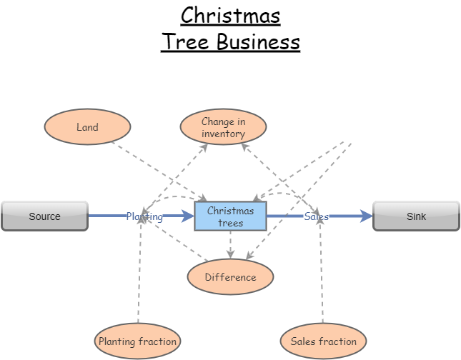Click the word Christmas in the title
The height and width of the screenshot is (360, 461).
pyautogui.click(x=230, y=15)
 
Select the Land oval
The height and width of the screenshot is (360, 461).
pyautogui.click(x=87, y=127)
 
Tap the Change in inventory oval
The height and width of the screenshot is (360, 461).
pyautogui.click(x=223, y=127)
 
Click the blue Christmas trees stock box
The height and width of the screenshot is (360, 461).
pyautogui.click(x=230, y=216)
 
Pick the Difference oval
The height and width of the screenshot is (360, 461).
pyautogui.click(x=230, y=277)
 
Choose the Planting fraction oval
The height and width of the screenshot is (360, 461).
pyautogui.click(x=137, y=341)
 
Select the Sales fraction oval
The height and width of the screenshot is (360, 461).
pyautogui.click(x=323, y=341)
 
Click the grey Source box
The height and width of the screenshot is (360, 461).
pyautogui.click(x=44, y=216)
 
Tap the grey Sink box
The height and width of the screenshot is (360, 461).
pyautogui.click(x=416, y=216)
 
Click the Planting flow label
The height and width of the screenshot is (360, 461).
pyautogui.click(x=144, y=216)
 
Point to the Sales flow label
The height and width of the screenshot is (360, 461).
pyautogui.click(x=316, y=216)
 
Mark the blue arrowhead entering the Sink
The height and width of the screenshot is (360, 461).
pyautogui.click(x=367, y=216)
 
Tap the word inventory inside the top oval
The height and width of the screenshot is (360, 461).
pyautogui.click(x=223, y=134)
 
